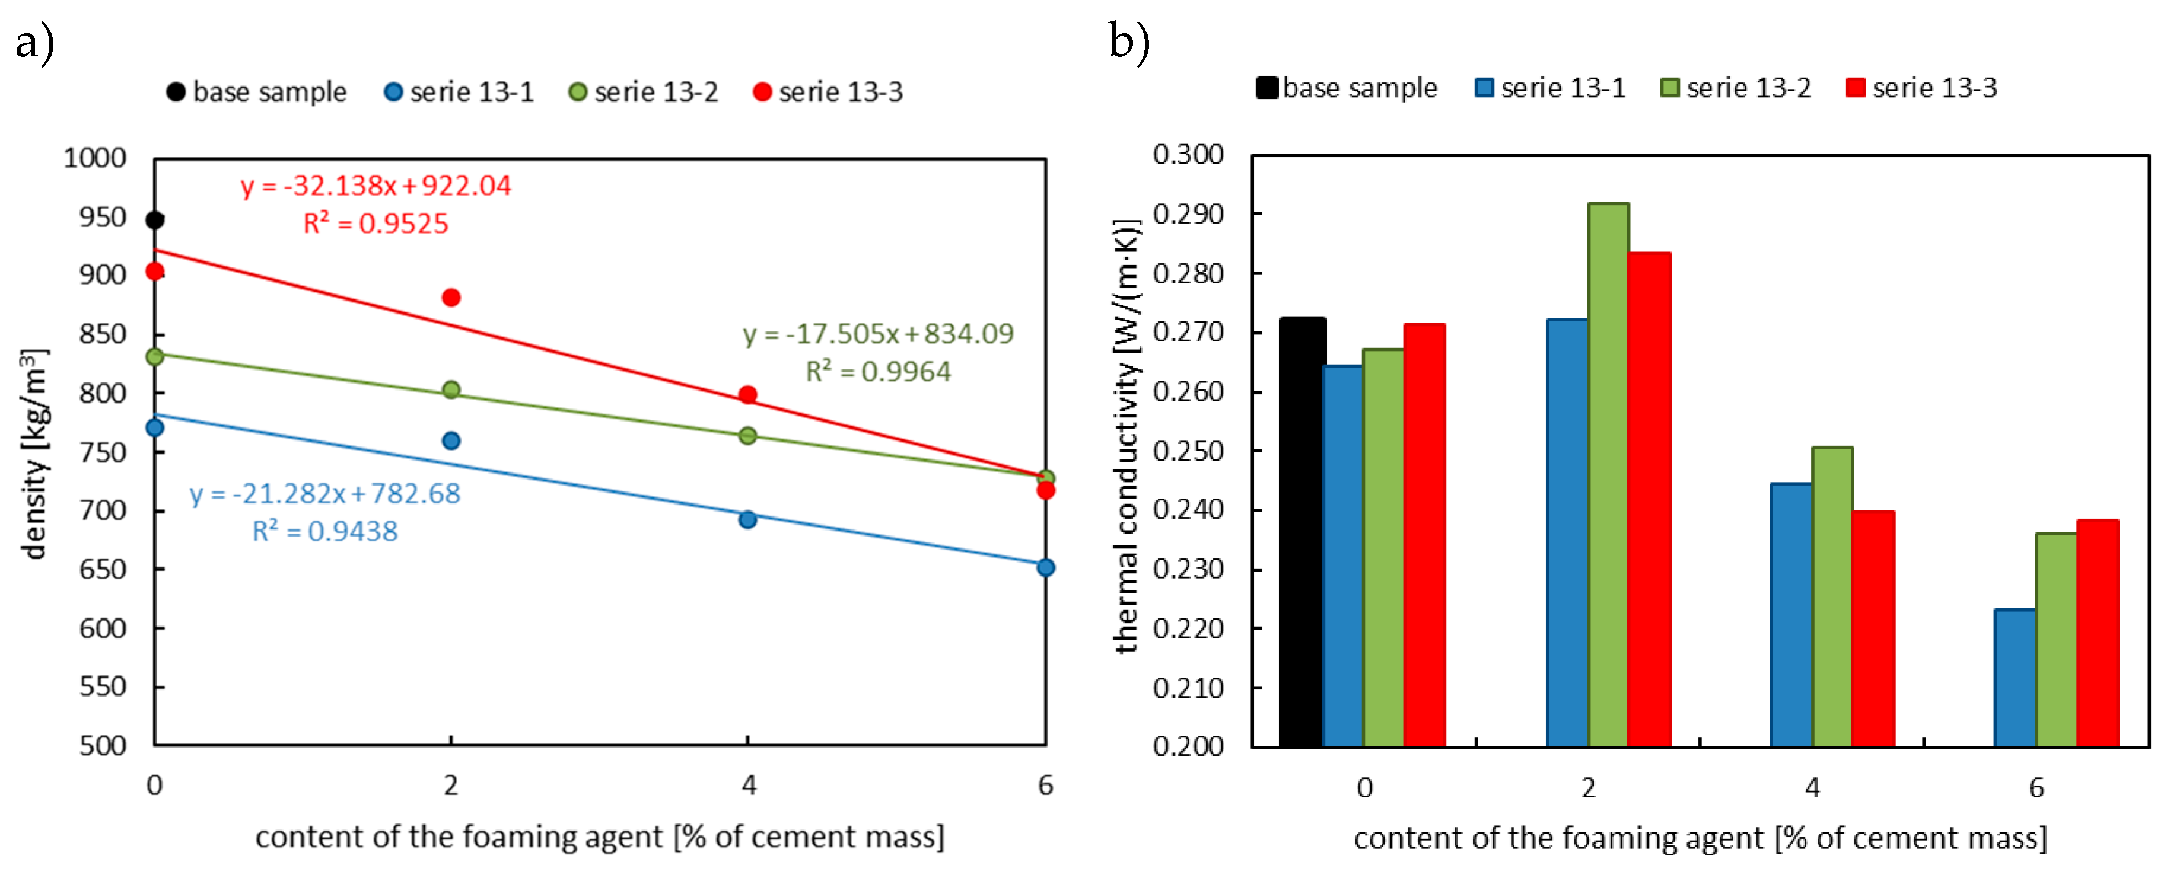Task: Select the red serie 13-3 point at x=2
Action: [451, 298]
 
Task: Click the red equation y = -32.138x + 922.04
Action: [375, 186]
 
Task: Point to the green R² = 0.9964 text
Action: [877, 372]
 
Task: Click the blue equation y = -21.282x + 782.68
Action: [324, 494]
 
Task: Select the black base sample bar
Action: [1302, 532]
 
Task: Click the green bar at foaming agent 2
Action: [1608, 475]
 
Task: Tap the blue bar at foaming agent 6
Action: [2015, 678]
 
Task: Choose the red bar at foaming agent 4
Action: [1873, 628]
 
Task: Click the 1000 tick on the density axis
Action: [94, 158]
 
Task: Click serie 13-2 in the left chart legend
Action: [644, 92]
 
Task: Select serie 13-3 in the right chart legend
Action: [1921, 88]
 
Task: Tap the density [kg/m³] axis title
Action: [34, 454]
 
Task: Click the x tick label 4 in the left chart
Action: [749, 786]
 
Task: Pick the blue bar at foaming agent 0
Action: [1342, 556]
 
